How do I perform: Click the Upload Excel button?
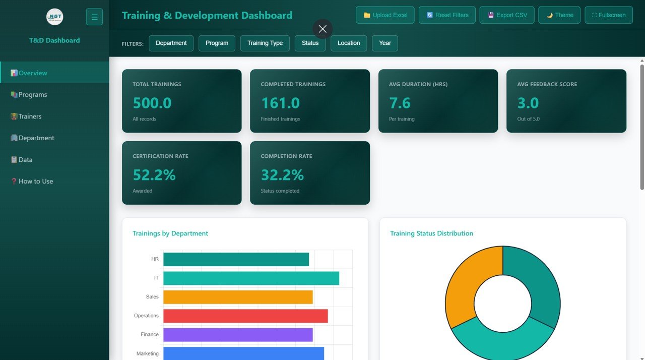385,15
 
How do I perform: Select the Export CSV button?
507,15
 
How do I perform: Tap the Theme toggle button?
559,15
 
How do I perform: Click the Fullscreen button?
608,15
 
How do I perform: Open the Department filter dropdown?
171,43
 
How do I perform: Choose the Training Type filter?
265,43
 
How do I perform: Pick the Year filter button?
385,43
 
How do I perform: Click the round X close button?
322,29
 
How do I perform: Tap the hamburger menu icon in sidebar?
94,17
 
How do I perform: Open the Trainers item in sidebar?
30,116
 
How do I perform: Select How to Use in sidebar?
35,182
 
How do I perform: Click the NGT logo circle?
54,17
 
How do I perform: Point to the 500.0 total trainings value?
152,103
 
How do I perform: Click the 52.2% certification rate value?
154,175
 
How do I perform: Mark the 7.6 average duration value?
400,103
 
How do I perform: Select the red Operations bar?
245,316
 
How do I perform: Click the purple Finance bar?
238,335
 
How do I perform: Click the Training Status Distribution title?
431,233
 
